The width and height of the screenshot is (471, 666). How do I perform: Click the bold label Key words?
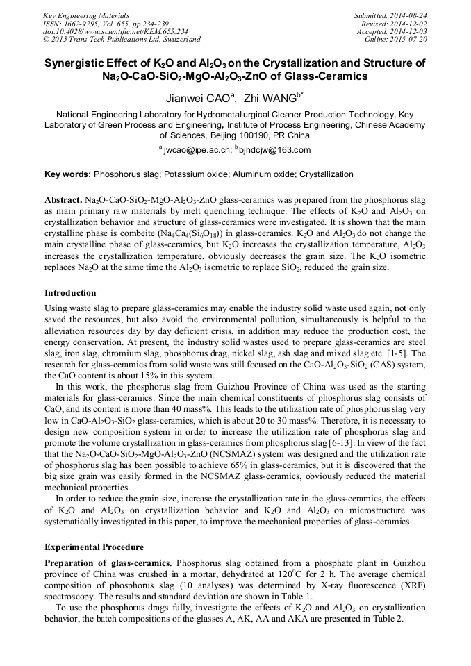(x=67, y=174)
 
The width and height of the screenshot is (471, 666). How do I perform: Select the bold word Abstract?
(x=63, y=199)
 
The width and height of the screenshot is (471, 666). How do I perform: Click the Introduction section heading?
(x=72, y=293)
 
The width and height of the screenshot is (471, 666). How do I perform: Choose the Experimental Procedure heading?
(x=94, y=547)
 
